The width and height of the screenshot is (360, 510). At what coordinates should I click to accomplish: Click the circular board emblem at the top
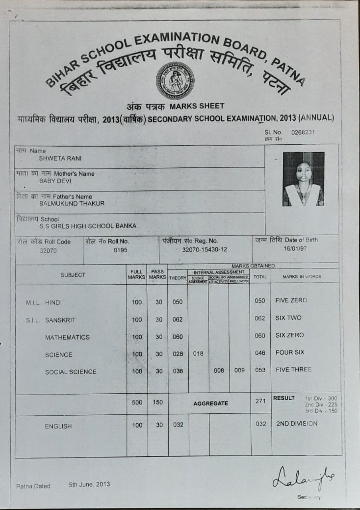175,81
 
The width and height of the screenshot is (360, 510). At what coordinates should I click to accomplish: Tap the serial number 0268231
303,133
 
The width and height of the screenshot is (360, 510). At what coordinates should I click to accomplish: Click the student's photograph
303,179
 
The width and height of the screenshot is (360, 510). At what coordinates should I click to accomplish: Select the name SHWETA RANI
60,159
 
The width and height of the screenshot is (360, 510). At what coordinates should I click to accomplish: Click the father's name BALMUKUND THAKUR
72,203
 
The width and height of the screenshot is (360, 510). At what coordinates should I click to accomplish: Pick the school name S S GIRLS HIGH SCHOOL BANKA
88,226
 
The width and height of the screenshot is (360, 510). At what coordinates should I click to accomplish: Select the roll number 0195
120,250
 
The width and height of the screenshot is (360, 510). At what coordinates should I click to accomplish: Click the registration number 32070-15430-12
205,250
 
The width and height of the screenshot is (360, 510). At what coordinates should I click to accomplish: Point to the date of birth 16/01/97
294,249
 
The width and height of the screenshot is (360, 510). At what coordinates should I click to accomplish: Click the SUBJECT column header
73,275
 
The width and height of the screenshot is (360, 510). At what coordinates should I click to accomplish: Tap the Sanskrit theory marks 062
178,320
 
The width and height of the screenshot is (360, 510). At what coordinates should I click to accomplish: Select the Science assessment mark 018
198,353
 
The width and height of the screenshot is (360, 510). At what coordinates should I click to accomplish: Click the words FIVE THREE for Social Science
293,370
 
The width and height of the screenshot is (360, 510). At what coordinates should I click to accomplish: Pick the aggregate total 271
260,402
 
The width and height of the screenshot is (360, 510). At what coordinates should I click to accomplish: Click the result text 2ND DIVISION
296,424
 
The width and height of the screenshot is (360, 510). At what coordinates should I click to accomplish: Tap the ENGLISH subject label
58,427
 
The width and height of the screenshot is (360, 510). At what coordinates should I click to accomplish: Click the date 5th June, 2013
89,484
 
